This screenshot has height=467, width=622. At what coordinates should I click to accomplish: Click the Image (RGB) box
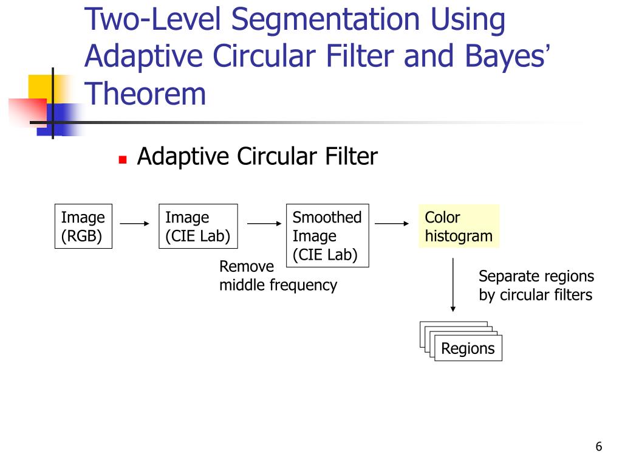pyautogui.click(x=83, y=226)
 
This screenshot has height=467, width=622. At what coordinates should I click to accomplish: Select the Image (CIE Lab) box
pyautogui.click(x=197, y=226)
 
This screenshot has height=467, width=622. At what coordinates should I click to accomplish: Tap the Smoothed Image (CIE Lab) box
pyautogui.click(x=327, y=236)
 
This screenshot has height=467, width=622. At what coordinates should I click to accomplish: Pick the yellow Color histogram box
pyautogui.click(x=459, y=226)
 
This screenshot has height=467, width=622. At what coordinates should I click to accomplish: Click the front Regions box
pyautogui.click(x=468, y=348)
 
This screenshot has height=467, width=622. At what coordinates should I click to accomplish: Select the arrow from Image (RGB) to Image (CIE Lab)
pyautogui.click(x=135, y=224)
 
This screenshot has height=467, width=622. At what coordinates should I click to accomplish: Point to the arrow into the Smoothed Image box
pyautogui.click(x=262, y=224)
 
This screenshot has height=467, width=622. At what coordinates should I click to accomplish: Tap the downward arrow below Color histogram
pyautogui.click(x=453, y=286)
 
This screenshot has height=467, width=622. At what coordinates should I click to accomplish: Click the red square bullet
pyautogui.click(x=123, y=160)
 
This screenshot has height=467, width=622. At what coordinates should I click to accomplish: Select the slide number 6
pyautogui.click(x=598, y=448)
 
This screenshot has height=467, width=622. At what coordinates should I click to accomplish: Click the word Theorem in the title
pyautogui.click(x=145, y=94)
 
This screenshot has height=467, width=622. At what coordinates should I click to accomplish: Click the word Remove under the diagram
pyautogui.click(x=247, y=266)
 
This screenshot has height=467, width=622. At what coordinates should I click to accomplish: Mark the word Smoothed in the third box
pyautogui.click(x=327, y=217)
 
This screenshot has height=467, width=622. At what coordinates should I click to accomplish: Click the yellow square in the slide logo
pyautogui.click(x=39, y=87)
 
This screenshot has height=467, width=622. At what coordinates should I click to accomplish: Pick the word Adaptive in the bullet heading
pyautogui.click(x=183, y=157)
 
